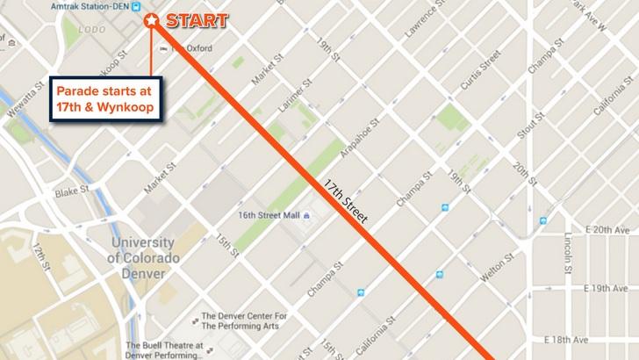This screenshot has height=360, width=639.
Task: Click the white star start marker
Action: point(151,19)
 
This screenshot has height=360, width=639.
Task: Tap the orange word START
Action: point(197,20)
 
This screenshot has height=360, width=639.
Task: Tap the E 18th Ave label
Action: point(574,339)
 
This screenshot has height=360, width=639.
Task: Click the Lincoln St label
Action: point(571,252)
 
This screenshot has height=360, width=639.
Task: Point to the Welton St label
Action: point(492,264)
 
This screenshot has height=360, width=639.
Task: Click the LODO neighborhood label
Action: point(91,29)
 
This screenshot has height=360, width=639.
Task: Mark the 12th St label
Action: point(42,257)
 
